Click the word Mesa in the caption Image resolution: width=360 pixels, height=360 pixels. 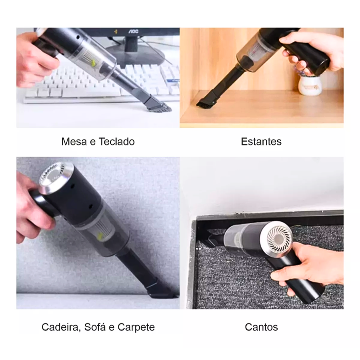(x=75, y=141)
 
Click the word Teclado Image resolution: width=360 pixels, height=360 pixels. (x=116, y=141)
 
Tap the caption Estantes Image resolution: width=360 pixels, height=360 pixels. (x=261, y=141)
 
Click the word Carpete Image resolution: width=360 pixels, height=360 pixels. (x=136, y=327)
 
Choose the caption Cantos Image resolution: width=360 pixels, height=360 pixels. (x=261, y=327)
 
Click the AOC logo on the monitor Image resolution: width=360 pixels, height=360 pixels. (x=133, y=31)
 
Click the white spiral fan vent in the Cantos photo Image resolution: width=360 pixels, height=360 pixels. (x=280, y=239)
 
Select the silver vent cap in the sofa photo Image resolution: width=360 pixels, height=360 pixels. (x=56, y=176)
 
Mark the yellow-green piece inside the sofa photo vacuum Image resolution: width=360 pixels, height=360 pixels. (x=100, y=236)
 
